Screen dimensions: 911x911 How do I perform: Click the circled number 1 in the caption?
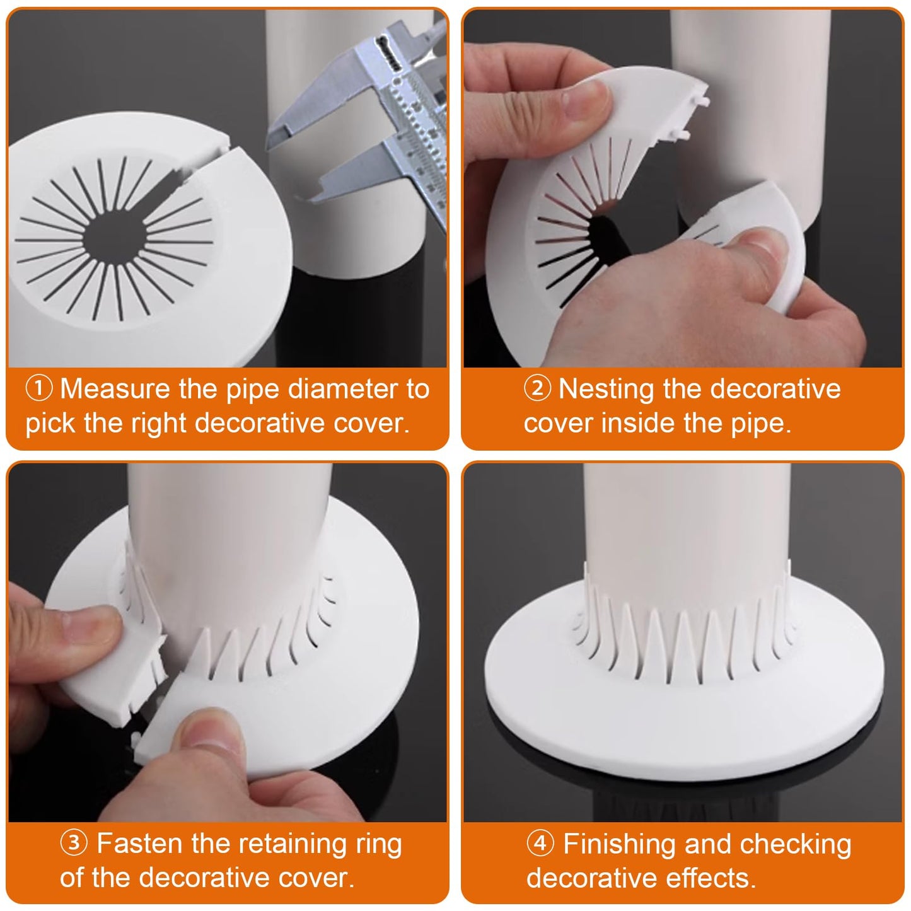38,389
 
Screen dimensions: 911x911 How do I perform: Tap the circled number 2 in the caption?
537,389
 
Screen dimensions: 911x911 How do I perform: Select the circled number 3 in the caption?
74,843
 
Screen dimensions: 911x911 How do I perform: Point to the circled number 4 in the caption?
540,844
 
